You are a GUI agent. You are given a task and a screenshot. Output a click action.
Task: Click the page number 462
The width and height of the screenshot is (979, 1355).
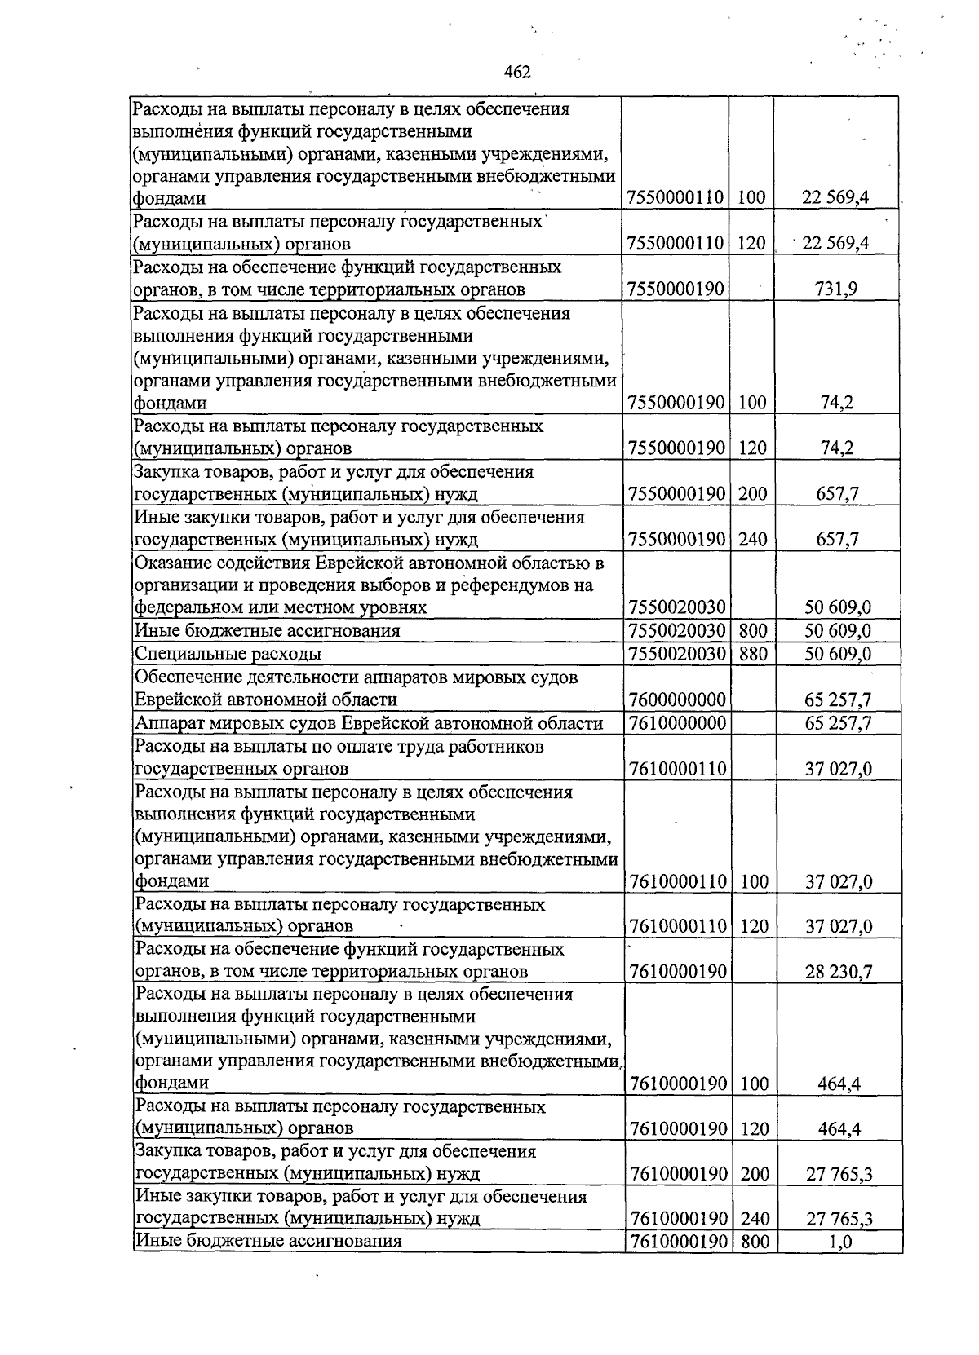click(517, 73)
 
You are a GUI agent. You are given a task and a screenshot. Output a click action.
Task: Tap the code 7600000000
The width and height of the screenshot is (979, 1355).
click(678, 700)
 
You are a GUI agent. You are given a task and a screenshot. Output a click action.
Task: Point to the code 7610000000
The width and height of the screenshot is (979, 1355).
click(678, 723)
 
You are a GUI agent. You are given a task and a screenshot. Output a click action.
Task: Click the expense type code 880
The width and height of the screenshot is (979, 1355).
click(753, 654)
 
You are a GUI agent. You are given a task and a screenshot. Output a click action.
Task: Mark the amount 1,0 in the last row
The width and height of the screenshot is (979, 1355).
click(840, 1242)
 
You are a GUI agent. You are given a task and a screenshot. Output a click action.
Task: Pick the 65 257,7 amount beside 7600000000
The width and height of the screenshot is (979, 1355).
click(838, 700)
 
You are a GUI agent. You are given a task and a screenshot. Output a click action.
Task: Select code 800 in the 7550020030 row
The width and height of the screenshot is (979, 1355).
click(753, 631)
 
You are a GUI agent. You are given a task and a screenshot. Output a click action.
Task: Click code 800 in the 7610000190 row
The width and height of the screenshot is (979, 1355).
click(755, 1242)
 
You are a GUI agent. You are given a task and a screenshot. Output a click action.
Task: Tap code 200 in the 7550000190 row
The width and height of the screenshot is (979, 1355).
click(753, 493)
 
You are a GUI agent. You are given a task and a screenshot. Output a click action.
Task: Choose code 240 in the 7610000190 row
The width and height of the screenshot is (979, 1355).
click(755, 1219)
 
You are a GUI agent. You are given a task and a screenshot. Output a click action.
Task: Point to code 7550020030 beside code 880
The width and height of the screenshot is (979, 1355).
click(678, 654)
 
